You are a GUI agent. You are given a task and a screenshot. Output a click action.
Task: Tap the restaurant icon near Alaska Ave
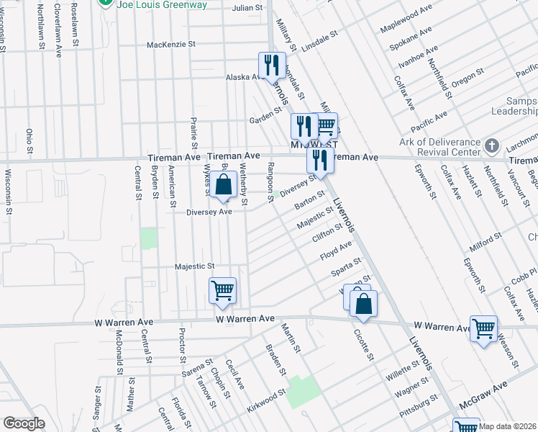tap(272, 66)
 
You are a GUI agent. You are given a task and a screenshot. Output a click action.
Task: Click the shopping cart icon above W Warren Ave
tap(222, 290)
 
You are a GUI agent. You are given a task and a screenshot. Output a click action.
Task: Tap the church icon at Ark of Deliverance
tap(492, 146)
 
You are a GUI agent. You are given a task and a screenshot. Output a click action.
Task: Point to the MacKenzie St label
tap(170, 44)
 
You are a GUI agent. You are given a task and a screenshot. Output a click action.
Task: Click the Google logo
tap(24, 423)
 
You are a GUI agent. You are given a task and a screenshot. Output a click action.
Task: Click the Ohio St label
tap(29, 141)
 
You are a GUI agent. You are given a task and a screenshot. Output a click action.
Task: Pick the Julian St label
tap(247, 7)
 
